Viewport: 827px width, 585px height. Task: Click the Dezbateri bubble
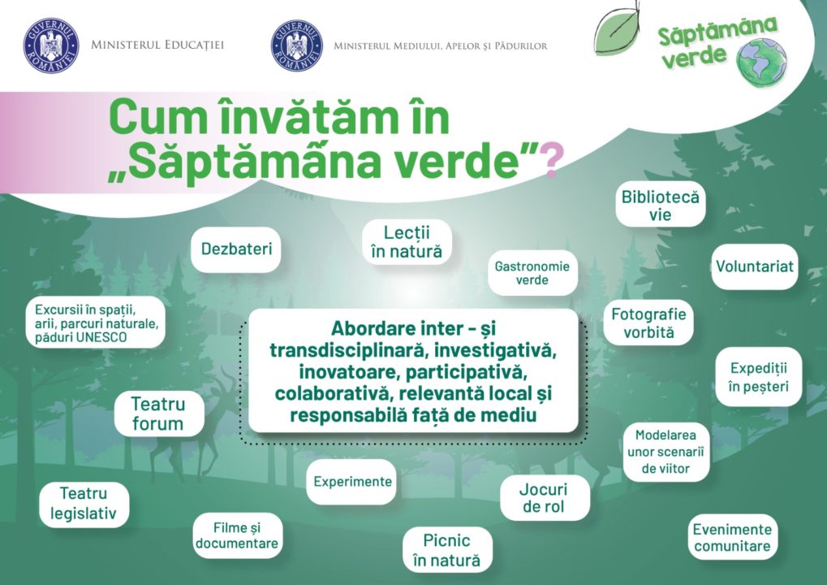(x=236, y=249)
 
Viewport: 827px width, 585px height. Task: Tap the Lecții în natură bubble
(x=406, y=242)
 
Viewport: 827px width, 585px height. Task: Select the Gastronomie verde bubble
(x=532, y=273)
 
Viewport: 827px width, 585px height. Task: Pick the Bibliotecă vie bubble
(x=660, y=206)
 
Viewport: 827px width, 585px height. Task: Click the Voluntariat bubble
(x=755, y=266)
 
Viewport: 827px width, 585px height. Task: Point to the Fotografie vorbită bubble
(x=648, y=323)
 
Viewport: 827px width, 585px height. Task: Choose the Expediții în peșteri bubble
(x=758, y=377)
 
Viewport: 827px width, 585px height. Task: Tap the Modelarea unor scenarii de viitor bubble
(x=665, y=452)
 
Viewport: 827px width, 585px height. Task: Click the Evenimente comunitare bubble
(x=732, y=537)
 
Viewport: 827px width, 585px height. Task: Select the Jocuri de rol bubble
(x=543, y=498)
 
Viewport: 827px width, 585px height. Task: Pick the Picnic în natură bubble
(x=446, y=550)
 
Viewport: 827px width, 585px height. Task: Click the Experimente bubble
(x=353, y=481)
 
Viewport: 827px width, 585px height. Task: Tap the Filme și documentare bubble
(x=237, y=535)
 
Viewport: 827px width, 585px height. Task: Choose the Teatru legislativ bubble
(x=84, y=504)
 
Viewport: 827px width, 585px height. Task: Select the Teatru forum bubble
(x=158, y=414)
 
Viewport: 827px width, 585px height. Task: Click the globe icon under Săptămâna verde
(x=761, y=62)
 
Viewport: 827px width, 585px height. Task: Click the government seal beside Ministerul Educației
(x=51, y=45)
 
